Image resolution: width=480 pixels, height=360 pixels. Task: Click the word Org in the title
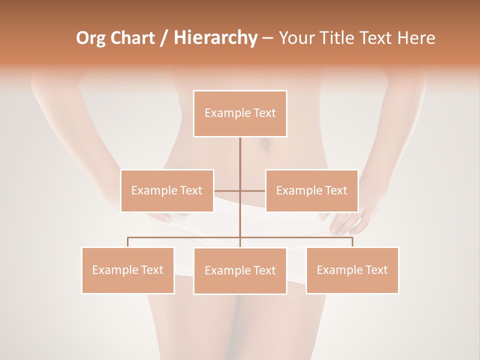91,38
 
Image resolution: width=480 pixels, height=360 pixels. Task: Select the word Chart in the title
133,38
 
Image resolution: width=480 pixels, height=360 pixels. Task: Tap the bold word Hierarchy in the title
215,38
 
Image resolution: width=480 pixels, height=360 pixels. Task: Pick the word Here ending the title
416,38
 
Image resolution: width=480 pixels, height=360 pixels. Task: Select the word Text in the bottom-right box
375,270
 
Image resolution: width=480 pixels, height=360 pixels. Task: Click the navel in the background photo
265,145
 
